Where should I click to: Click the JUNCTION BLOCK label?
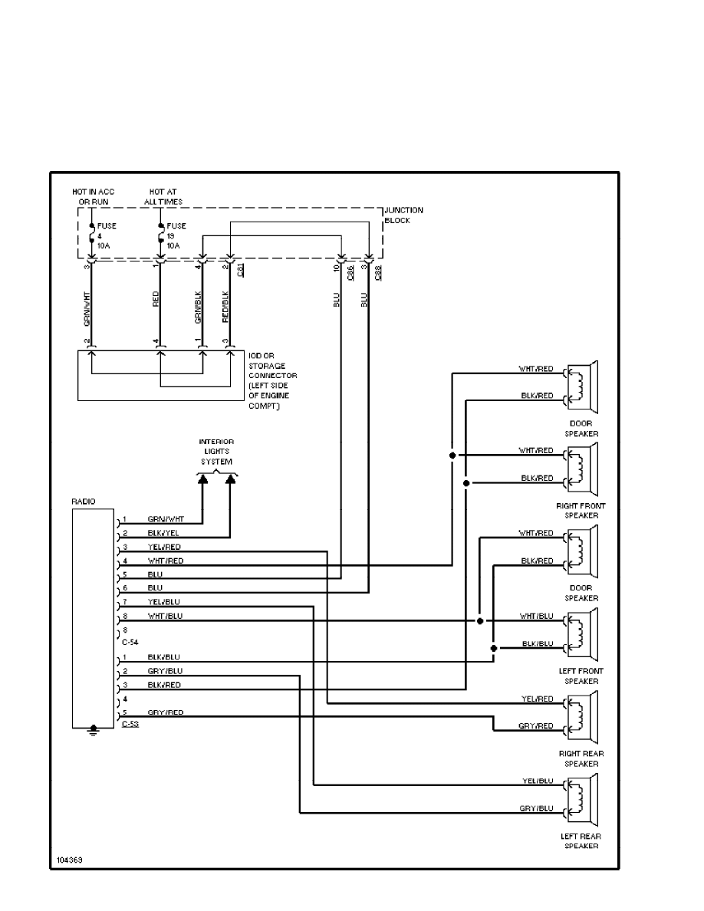(x=403, y=215)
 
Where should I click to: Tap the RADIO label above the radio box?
(x=84, y=501)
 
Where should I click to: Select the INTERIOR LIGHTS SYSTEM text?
(x=216, y=452)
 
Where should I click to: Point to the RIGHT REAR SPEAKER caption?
(x=581, y=758)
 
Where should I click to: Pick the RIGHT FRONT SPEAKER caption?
(x=581, y=511)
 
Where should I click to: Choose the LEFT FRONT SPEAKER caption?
(x=581, y=676)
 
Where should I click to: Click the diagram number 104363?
(x=69, y=860)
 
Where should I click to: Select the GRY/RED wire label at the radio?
(x=166, y=712)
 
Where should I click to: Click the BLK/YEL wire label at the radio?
(x=164, y=532)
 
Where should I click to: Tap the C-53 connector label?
(x=130, y=723)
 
